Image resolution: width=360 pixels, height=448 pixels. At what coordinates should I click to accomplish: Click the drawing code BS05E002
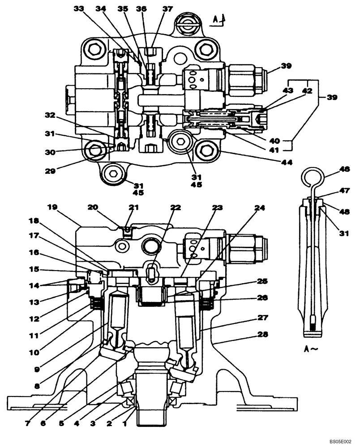coord(342,441)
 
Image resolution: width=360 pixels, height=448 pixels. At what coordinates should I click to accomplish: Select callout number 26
coord(263,297)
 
